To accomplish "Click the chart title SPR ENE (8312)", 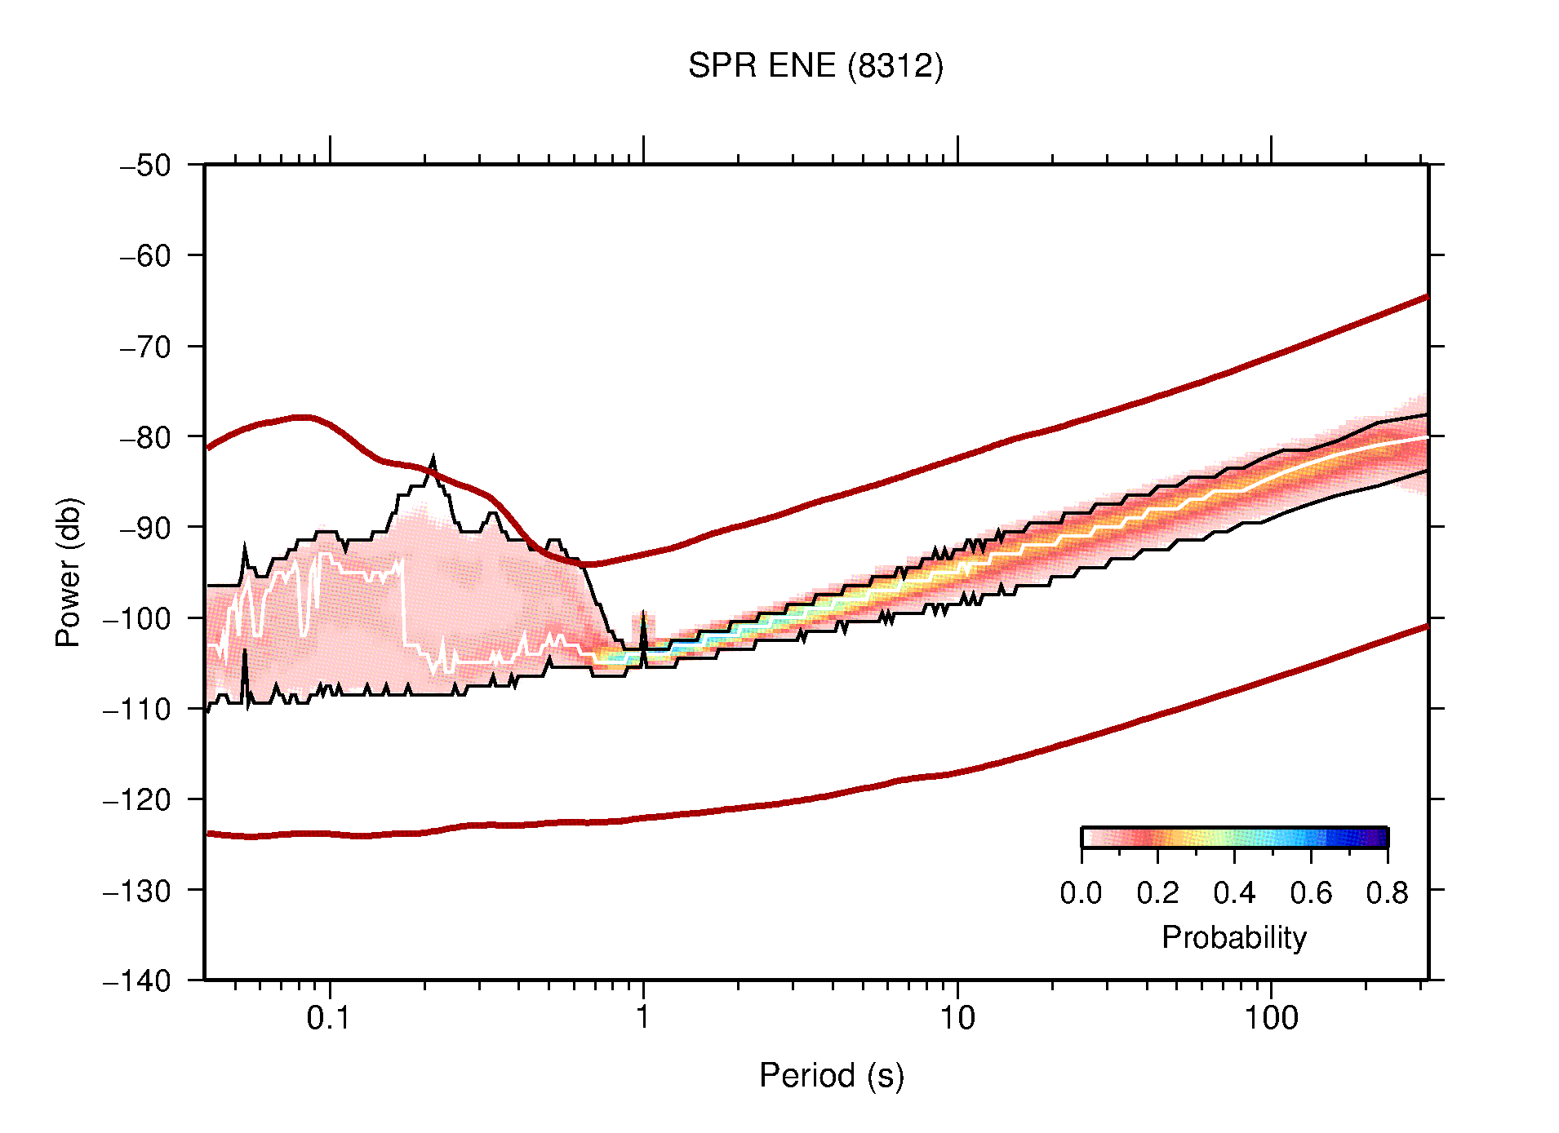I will (x=815, y=66).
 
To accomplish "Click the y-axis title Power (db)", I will (x=69, y=572).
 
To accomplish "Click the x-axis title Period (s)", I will (x=831, y=1076).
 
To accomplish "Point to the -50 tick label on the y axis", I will (x=145, y=166).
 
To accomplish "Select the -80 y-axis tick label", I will (x=145, y=437).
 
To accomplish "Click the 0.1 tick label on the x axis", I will (x=329, y=1018).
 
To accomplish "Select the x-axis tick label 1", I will (x=643, y=1018).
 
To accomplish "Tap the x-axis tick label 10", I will (x=957, y=1018).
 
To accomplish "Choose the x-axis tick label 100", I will (x=1271, y=1018).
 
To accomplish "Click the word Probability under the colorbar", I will (x=1233, y=938).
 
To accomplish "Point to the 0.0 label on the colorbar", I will (x=1081, y=893).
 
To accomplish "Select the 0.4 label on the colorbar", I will (x=1234, y=893).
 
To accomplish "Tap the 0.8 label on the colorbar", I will (x=1387, y=893).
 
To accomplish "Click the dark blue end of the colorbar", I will (x=1379, y=838).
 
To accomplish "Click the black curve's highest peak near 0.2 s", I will (x=433, y=460).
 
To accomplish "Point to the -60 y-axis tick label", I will (x=145, y=256).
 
